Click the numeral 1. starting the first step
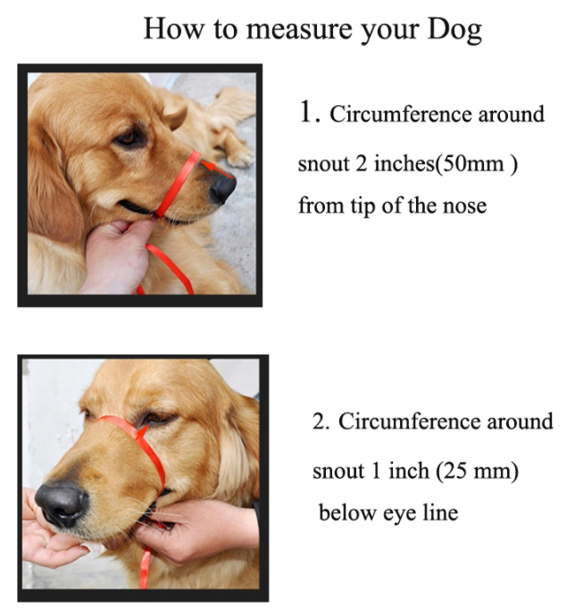(x=309, y=112)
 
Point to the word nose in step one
(x=463, y=206)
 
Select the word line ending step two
(x=439, y=513)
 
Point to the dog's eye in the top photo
(x=129, y=138)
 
